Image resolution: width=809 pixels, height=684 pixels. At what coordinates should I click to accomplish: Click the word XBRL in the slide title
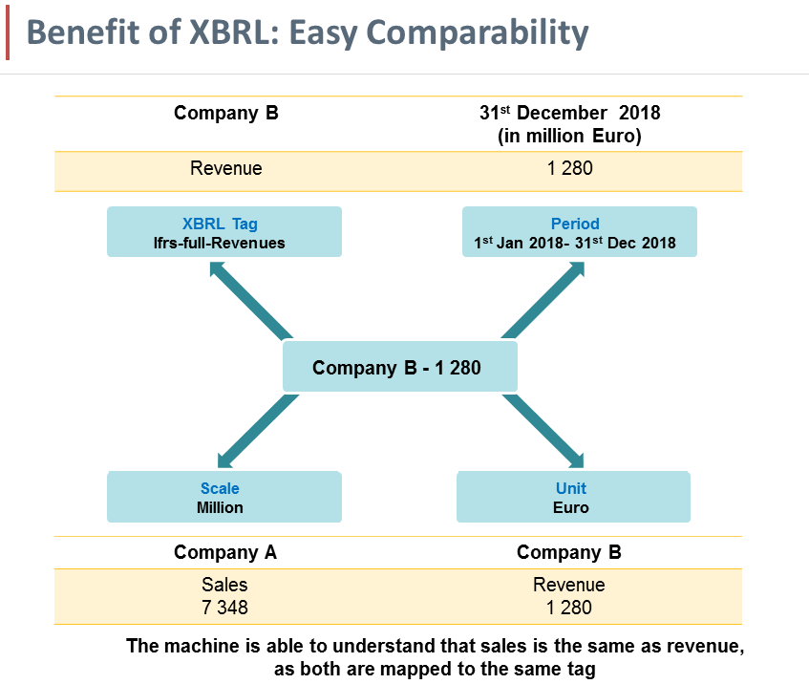point(223,34)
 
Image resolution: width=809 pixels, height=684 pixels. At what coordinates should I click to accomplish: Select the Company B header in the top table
point(225,114)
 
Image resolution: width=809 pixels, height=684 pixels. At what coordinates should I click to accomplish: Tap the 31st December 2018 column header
point(569,123)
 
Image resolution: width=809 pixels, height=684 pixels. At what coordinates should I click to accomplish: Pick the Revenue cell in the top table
point(225,169)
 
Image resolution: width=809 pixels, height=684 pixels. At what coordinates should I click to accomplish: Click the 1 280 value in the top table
point(569,169)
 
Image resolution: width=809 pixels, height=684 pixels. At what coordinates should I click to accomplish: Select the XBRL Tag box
point(224,232)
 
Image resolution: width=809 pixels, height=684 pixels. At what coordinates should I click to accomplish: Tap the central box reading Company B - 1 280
point(399,368)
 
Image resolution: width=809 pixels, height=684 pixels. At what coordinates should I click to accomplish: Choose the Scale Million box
point(223,497)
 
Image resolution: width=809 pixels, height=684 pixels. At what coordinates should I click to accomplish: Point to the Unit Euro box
point(571,497)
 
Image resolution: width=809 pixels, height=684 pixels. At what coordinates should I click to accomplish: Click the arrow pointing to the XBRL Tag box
point(250,302)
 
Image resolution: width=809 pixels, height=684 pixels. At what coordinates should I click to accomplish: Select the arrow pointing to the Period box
point(543,302)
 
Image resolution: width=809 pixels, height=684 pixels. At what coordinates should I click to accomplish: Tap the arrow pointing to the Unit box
point(543,430)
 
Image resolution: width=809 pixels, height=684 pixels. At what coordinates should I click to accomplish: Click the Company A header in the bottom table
point(225,552)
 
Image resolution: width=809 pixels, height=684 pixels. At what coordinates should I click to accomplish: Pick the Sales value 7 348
point(225,607)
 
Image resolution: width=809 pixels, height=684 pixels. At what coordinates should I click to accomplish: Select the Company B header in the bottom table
point(569,552)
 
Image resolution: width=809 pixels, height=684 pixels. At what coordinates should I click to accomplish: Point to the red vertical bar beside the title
point(9,35)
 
